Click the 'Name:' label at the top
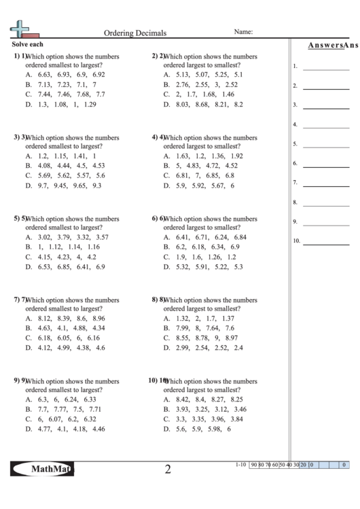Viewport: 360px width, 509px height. (243, 31)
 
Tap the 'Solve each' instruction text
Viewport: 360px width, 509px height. (28, 44)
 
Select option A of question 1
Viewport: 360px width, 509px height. (65, 75)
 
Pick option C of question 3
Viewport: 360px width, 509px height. (65, 175)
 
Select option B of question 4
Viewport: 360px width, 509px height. (201, 166)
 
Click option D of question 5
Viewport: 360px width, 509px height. (65, 268)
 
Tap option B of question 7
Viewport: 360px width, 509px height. (65, 328)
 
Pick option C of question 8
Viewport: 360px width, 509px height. (201, 338)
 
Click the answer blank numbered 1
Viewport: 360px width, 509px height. (326, 68)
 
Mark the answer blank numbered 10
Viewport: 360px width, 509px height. (326, 242)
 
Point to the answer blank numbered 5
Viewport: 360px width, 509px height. (326, 145)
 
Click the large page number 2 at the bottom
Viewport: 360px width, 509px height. (168, 470)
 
